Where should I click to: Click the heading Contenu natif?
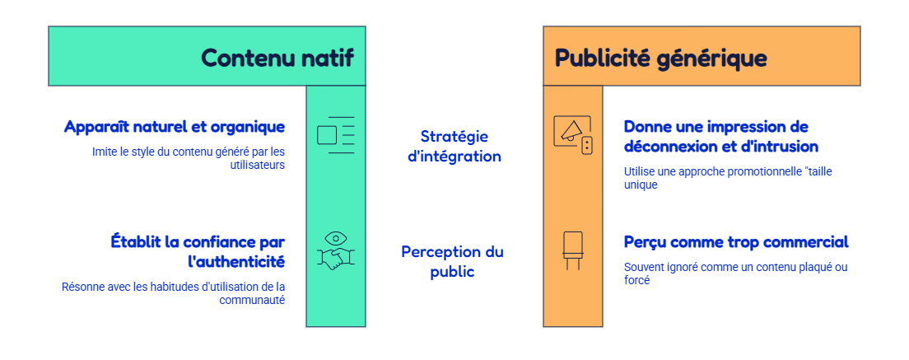point(277,58)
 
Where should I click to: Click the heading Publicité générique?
point(661,58)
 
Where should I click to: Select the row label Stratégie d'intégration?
point(454,146)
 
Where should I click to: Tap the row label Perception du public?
point(452,261)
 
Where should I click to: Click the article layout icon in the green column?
point(336,135)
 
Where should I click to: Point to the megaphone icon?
point(573,135)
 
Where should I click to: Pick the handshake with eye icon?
point(336,250)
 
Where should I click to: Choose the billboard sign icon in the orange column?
point(573,250)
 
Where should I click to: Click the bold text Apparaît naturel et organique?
point(175,127)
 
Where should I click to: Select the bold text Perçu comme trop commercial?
point(736,241)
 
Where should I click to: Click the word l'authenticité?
point(236,261)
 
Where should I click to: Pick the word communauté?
point(252,301)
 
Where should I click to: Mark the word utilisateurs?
point(258,165)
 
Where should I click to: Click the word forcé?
point(636,281)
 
